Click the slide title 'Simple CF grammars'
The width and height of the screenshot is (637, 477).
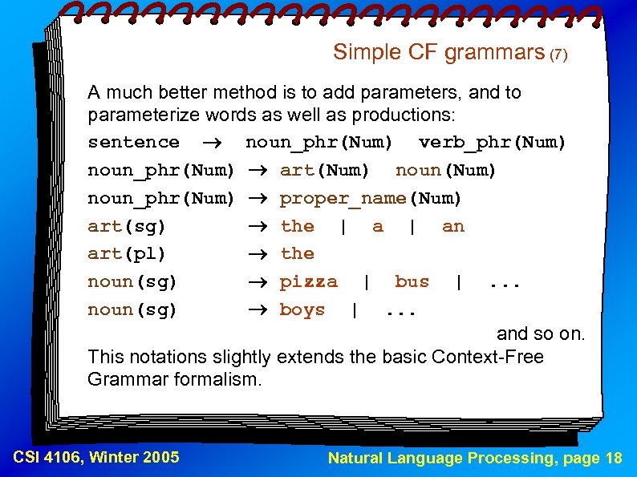point(438,53)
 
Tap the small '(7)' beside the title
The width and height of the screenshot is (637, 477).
point(558,55)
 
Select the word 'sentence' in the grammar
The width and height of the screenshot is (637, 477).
point(133,143)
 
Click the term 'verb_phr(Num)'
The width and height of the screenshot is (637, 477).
point(493,143)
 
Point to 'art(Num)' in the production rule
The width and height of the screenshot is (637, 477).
point(325,171)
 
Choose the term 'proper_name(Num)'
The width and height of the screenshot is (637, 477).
point(371,198)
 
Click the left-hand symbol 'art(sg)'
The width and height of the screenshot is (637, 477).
point(127,227)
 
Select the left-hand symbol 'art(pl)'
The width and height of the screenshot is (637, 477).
point(127,254)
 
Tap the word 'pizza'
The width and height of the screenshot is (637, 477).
point(308,282)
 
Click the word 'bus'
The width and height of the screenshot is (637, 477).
point(412,282)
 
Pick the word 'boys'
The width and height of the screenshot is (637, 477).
point(302,310)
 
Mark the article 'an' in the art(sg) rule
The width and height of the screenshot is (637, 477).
point(453,227)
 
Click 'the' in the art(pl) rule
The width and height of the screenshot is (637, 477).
point(297,254)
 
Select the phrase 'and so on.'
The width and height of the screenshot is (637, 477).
point(541,333)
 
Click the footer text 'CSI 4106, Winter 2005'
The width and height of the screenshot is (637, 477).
point(96,458)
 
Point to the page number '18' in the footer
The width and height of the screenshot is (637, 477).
point(613,459)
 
